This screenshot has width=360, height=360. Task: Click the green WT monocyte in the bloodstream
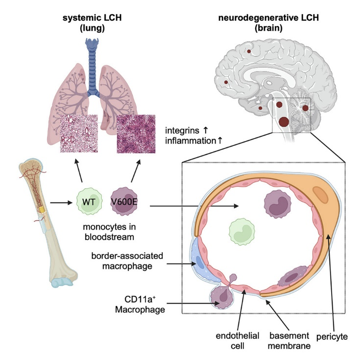coord(89,201)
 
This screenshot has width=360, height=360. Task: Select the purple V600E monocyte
coord(124,201)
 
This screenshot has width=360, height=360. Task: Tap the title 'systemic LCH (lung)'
coord(92,23)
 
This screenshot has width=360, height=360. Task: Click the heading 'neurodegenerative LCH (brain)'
coord(268,23)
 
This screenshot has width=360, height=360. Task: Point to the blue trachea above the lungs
coord(92,67)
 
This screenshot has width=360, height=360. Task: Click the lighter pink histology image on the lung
coord(79,133)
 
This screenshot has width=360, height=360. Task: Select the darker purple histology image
coord(136,134)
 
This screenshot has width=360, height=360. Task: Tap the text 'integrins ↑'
coord(187,130)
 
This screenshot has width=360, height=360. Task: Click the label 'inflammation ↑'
coord(194,141)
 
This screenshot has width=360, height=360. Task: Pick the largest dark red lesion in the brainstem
coord(284,121)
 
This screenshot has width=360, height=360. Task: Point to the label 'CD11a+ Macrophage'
coord(140,305)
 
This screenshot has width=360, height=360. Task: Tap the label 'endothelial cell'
coord(238,340)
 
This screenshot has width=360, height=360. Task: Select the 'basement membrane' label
coord(289,340)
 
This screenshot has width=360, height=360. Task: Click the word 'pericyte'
coord(332,337)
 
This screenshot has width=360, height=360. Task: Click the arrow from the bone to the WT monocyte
coord(61,203)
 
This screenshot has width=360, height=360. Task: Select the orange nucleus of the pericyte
coord(320,195)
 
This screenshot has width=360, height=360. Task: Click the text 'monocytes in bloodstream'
coord(109,232)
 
